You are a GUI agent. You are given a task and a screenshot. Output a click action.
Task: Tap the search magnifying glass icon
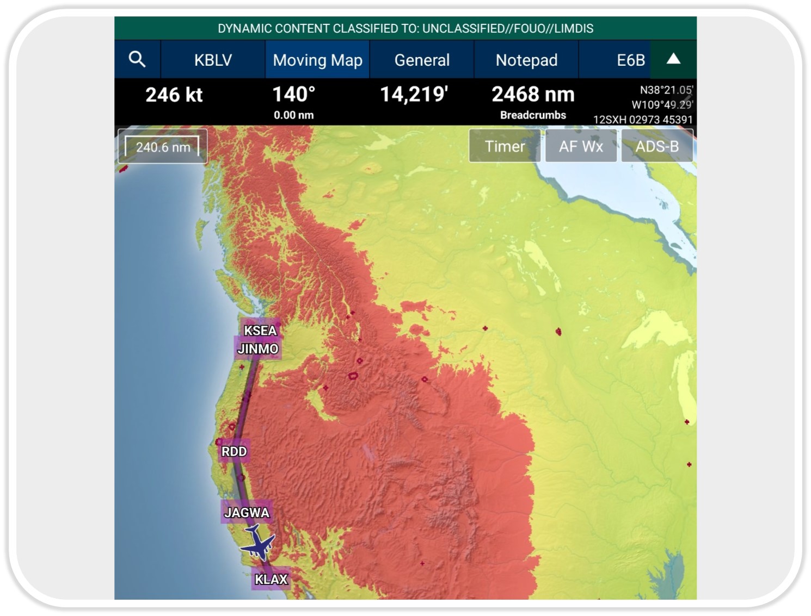point(137,59)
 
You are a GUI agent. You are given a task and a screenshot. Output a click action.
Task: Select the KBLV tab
point(213,60)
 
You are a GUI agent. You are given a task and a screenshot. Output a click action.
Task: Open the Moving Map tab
point(317,60)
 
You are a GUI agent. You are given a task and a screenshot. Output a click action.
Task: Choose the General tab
point(422,60)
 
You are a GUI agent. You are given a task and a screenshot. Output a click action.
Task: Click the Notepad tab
point(526,60)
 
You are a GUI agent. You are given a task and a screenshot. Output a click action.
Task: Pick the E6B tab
point(630,60)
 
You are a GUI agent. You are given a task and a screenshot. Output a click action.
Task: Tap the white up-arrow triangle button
point(673,59)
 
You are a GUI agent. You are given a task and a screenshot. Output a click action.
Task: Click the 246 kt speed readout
point(174,95)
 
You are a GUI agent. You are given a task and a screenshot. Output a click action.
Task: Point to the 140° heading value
point(293,95)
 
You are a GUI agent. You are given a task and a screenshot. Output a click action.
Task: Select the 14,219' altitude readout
point(414,95)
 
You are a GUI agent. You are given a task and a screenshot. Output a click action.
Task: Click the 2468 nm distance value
point(533,95)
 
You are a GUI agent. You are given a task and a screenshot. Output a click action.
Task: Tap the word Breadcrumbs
point(533,115)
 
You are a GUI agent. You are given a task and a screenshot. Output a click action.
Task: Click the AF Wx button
point(581,146)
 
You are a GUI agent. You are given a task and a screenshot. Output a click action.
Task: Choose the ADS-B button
point(657,146)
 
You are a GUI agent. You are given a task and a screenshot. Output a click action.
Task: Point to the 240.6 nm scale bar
point(163,147)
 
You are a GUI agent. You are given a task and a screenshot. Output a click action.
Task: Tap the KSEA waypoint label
point(260,331)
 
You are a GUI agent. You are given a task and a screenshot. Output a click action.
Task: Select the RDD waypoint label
point(234,451)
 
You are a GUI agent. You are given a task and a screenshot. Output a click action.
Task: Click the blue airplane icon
point(257,542)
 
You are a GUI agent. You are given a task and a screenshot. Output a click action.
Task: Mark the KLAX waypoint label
point(271,579)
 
